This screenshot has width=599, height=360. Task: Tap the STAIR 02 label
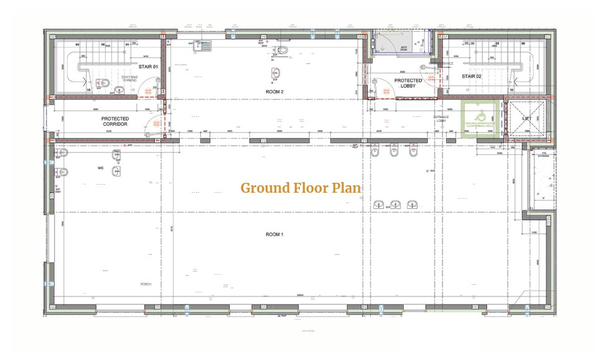pyautogui.click(x=471, y=76)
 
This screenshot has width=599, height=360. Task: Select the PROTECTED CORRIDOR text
pyautogui.click(x=115, y=121)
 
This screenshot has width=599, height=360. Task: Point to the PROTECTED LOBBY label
pyautogui.click(x=408, y=83)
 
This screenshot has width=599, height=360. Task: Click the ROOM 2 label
pyautogui.click(x=274, y=91)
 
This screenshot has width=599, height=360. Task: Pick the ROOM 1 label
pyautogui.click(x=274, y=234)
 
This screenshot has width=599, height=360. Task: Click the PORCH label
pyautogui.click(x=146, y=284)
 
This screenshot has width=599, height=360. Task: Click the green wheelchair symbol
pyautogui.click(x=480, y=116)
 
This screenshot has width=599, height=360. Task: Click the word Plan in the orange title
pyautogui.click(x=346, y=188)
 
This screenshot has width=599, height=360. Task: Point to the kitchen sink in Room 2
pyautogui.click(x=203, y=45)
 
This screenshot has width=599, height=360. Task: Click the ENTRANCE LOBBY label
pyautogui.click(x=441, y=119)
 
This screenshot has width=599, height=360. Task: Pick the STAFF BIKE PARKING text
pyautogui.click(x=129, y=78)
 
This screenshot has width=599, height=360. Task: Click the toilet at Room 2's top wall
pyautogui.click(x=282, y=50)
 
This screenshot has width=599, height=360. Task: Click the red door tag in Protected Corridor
pyautogui.click(x=156, y=124)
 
